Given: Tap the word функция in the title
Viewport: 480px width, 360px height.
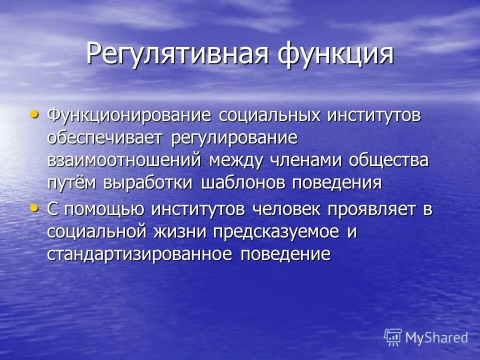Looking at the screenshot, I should [336, 53].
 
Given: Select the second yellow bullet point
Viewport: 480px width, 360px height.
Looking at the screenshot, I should [34, 208].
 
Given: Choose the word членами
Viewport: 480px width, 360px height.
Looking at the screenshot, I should [306, 160].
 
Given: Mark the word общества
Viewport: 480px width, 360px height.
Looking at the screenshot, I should [388, 160].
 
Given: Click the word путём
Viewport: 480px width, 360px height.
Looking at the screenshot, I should [73, 182].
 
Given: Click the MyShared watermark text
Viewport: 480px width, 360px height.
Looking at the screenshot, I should [436, 337].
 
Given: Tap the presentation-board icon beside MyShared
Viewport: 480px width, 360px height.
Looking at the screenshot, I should [393, 337].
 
